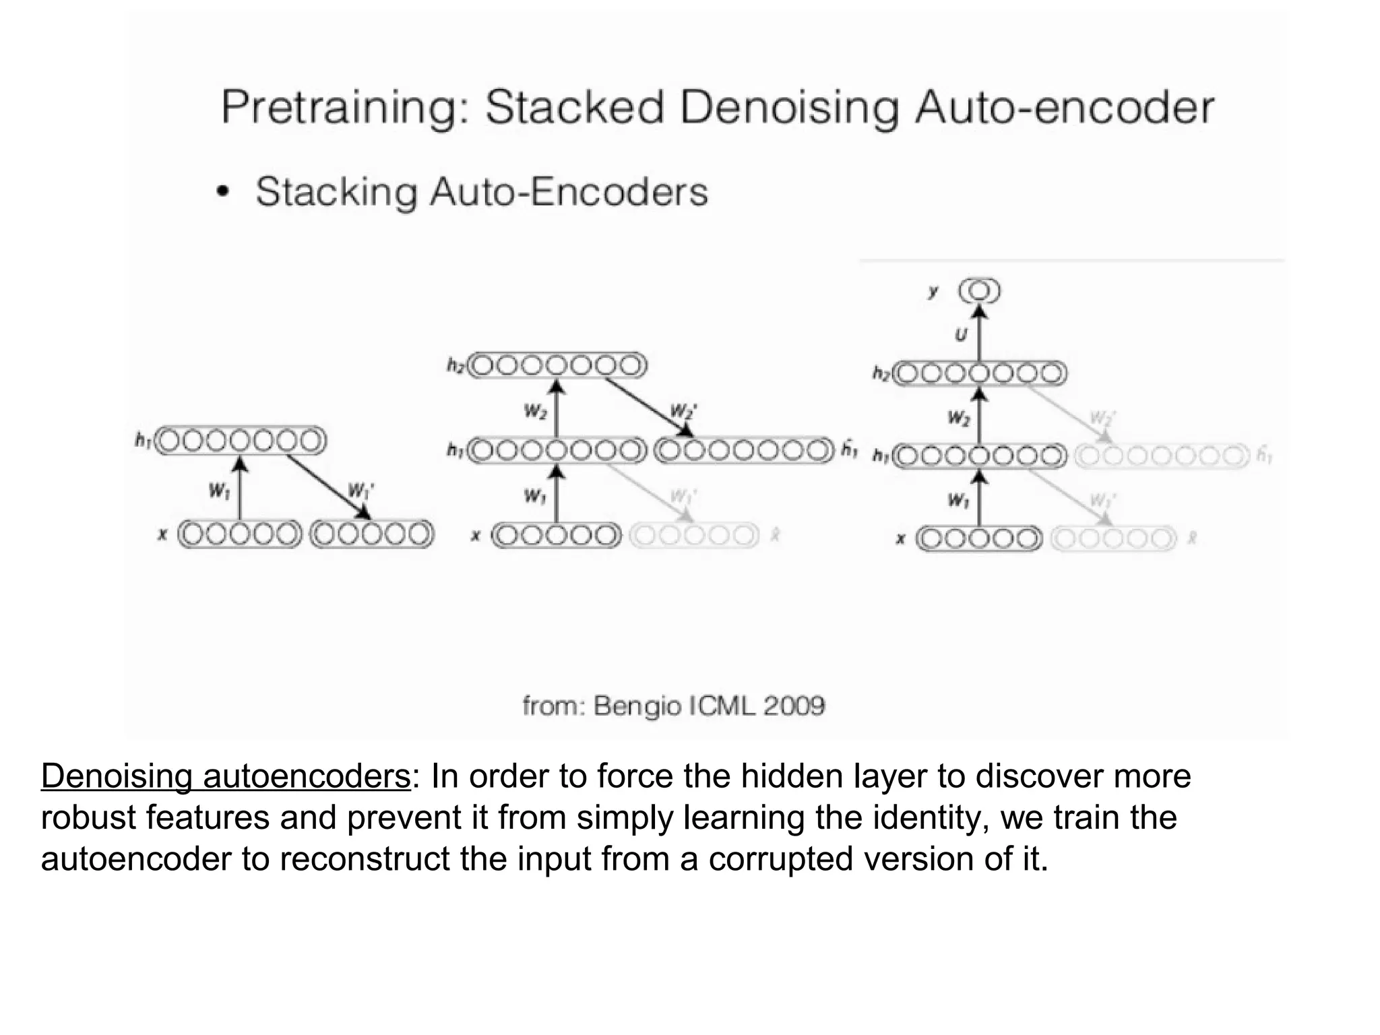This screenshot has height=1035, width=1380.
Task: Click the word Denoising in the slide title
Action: coord(789,108)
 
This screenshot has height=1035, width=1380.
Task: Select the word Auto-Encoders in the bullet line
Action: coord(569,192)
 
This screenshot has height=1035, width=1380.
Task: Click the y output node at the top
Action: coord(980,291)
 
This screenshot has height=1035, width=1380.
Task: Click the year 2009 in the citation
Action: coord(793,706)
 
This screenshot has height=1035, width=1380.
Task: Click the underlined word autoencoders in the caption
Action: coord(307,776)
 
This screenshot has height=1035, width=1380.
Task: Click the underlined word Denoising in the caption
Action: coord(117,776)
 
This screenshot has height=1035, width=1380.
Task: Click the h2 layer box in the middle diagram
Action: coord(557,366)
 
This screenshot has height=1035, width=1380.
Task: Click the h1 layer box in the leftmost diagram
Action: coord(241,441)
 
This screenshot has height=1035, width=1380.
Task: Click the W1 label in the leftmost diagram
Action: coord(219,491)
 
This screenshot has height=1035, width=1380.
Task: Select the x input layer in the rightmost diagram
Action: coord(979,539)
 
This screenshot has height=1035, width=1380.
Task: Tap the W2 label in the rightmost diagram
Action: coord(958,418)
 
